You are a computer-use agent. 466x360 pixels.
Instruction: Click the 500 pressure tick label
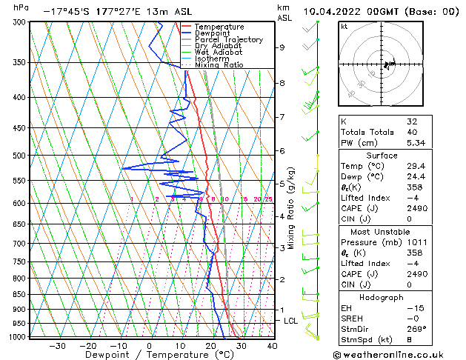coord(17,156)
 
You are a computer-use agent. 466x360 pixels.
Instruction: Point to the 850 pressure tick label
coord(17,294)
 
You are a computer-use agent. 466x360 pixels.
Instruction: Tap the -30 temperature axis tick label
coord(57,345)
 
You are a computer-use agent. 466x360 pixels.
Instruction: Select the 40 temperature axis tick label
coord(272,345)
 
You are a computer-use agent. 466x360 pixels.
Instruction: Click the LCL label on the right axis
coord(290,321)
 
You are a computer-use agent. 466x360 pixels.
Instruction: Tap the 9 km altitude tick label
coord(282,47)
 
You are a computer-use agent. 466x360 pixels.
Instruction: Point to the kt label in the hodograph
coord(344,27)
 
